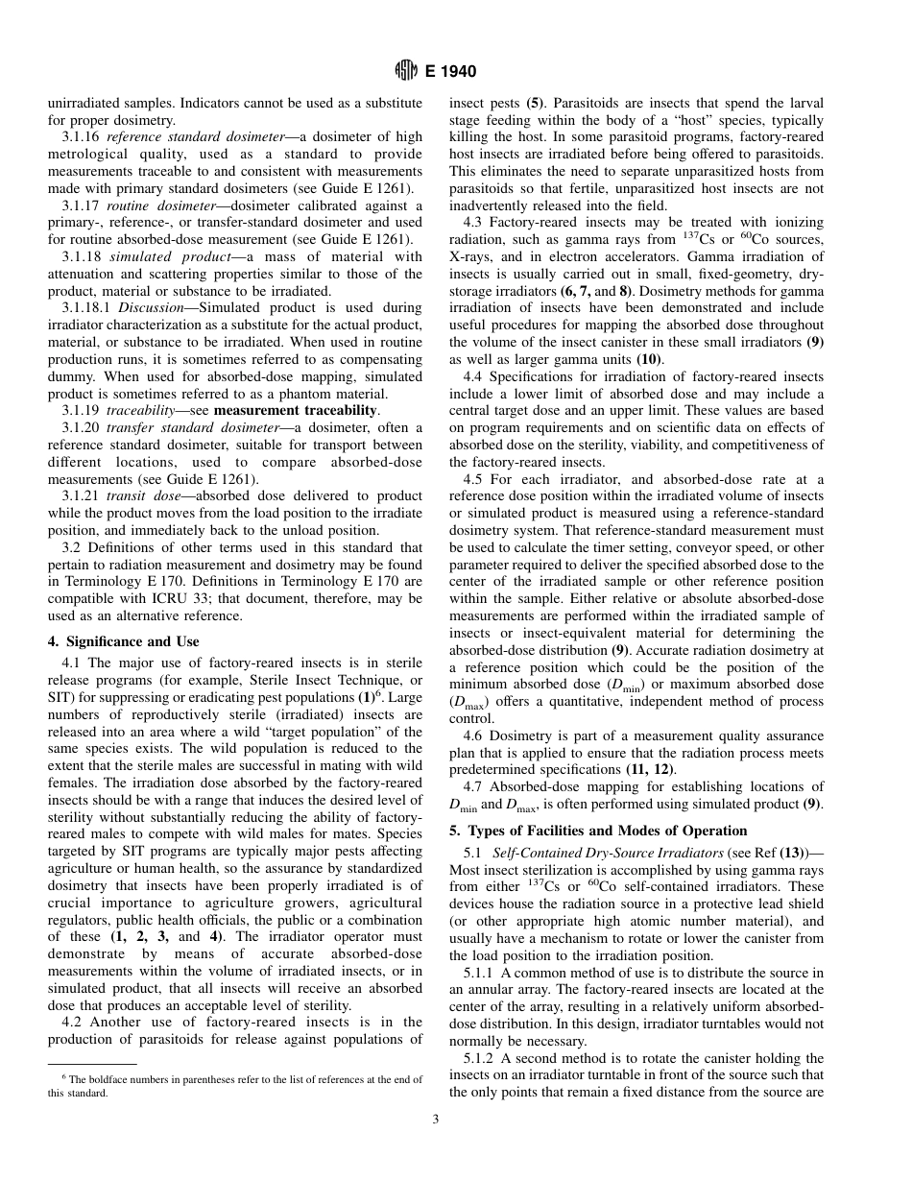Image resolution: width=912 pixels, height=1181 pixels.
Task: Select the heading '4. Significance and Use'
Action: pos(124,641)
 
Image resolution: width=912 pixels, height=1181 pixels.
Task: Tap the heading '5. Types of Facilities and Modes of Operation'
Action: pos(598,831)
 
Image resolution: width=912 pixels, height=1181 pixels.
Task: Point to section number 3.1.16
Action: pos(82,137)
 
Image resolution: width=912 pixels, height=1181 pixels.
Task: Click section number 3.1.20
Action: pos(82,427)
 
